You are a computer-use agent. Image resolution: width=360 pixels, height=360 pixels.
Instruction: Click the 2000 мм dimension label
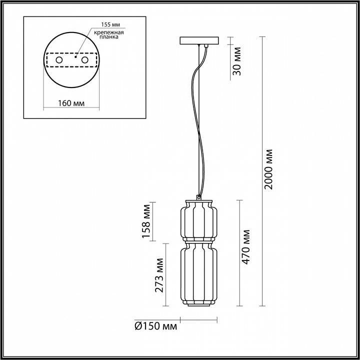click(x=268, y=169)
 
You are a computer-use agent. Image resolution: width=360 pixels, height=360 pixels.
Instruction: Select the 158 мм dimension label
click(x=146, y=221)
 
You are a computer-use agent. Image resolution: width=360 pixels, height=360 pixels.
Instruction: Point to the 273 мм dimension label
click(x=159, y=275)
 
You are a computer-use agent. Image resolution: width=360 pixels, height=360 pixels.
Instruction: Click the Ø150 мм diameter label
click(x=156, y=326)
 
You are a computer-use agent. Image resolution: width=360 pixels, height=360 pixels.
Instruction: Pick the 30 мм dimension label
click(x=237, y=60)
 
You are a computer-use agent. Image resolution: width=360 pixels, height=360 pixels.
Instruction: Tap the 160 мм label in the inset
click(x=70, y=103)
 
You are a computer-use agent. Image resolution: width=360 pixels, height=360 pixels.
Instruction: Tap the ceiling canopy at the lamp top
click(x=198, y=40)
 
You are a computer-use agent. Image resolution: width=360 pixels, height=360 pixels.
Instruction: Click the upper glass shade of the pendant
click(x=198, y=220)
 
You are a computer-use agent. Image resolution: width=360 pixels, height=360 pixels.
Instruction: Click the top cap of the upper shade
click(x=198, y=201)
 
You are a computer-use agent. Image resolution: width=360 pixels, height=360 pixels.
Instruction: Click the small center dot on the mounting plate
click(x=75, y=56)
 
